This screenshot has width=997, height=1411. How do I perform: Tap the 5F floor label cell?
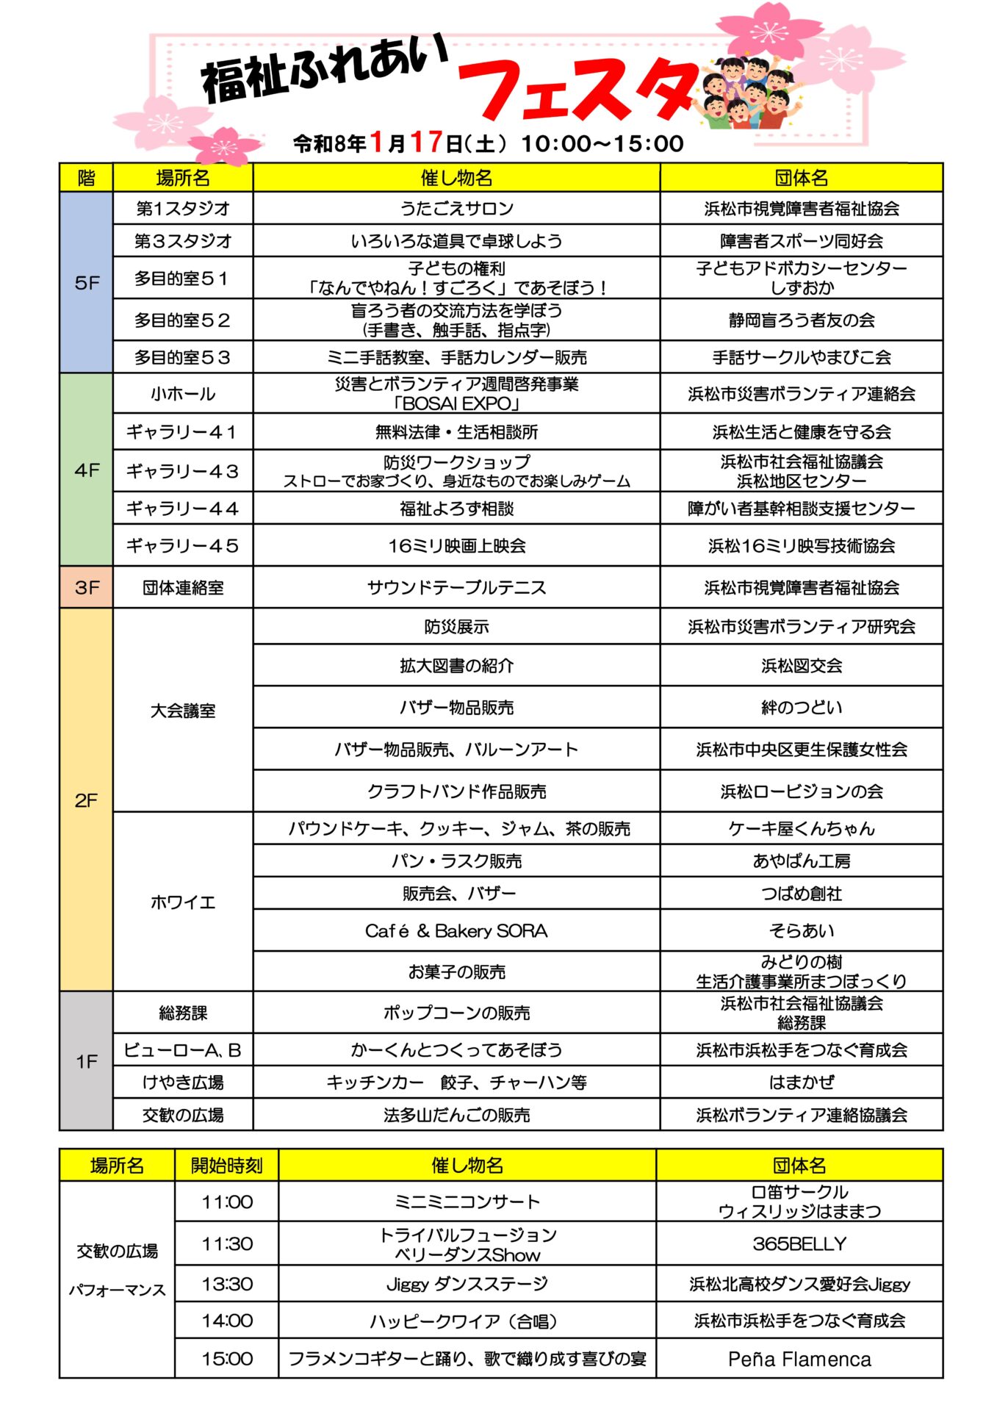coord(87,283)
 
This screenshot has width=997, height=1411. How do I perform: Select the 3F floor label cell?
coord(87,587)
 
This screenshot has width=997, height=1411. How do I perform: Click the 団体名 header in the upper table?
coord(801,178)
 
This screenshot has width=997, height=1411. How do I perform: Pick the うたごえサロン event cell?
coord(456,209)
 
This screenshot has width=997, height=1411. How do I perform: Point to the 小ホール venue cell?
coord(183,394)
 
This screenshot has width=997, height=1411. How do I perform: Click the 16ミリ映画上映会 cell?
coord(456,545)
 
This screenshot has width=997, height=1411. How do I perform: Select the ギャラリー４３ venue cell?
coord(183,471)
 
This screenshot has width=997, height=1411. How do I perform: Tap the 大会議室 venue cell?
coord(183,711)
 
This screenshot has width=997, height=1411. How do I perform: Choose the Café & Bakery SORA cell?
coord(456,931)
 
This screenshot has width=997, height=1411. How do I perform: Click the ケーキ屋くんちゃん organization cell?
coord(801,829)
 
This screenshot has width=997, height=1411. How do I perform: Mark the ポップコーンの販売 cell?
coord(456,1013)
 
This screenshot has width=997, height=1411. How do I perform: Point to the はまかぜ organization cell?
coord(801,1083)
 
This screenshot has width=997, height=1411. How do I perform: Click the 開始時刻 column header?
coord(226,1166)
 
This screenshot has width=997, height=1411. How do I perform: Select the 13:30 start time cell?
coord(226,1284)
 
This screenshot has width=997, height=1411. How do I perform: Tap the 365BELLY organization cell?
coord(799,1243)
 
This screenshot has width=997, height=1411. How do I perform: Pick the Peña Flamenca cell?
coord(799,1360)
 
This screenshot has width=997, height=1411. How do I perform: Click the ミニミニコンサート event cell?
coord(467,1202)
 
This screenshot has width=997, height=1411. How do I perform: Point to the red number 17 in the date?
coord(426,142)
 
